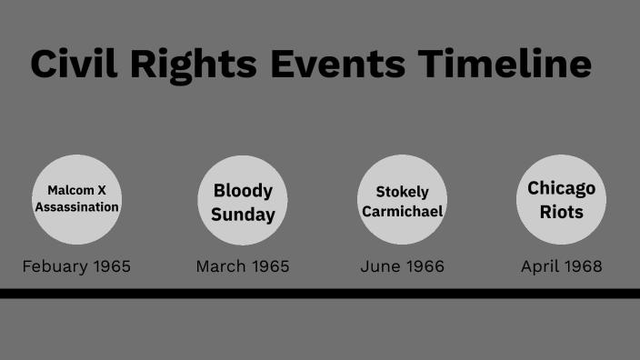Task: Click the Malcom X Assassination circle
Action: [77, 199]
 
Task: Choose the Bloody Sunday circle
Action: [243, 200]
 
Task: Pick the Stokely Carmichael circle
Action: [402, 200]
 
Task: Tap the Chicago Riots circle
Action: [561, 199]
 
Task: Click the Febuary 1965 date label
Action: [77, 266]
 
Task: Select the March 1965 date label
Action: [243, 266]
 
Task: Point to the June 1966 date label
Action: [402, 266]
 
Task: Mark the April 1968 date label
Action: [561, 266]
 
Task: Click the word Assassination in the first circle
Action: [77, 207]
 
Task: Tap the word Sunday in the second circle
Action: [243, 215]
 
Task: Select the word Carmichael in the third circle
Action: [402, 211]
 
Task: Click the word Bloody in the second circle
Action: [243, 190]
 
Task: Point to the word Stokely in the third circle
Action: [402, 192]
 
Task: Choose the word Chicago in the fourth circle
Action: [561, 188]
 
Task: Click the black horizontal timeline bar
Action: [320, 294]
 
